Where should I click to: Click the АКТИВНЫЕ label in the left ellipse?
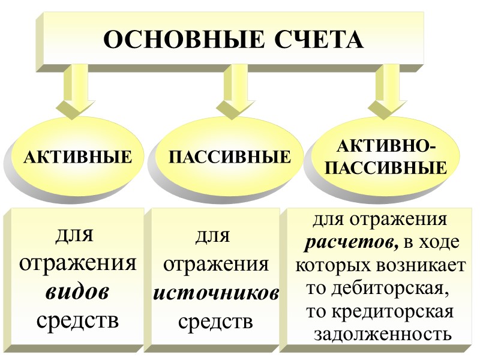[77, 158]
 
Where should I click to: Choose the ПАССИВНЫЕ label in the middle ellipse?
[230, 158]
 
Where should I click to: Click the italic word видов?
[77, 292]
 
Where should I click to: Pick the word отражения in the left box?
[77, 263]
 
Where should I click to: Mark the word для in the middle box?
[213, 236]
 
